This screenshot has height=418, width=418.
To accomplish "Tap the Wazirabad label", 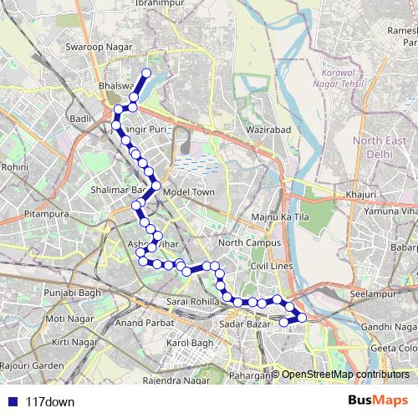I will click(268, 130).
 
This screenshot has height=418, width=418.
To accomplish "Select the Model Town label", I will click(190, 191).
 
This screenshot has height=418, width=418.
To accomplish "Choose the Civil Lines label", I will click(269, 265).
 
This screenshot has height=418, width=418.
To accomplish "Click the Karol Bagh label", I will click(191, 343).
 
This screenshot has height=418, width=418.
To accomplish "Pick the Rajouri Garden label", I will click(32, 365).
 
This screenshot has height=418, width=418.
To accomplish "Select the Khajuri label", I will click(359, 194).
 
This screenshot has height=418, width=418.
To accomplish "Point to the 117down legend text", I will click(50, 401).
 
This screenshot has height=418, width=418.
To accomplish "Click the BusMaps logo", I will click(374, 400).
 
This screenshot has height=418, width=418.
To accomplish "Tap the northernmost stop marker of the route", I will click(146, 73).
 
